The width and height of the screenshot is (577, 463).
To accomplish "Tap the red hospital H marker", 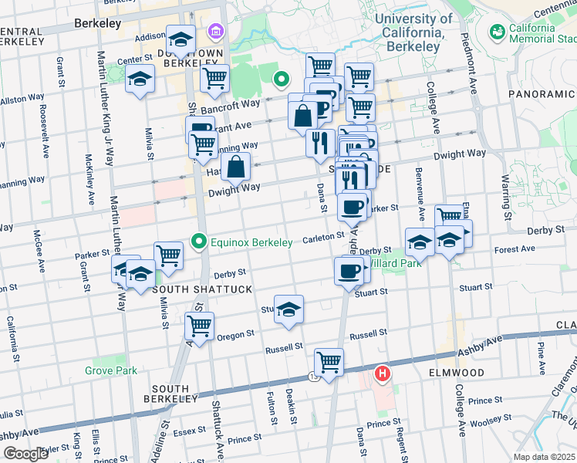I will pyautogui.click(x=382, y=374).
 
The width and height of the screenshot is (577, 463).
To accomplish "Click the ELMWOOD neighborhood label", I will pyautogui.click(x=454, y=373).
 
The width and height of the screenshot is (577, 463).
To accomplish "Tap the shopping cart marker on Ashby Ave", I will pyautogui.click(x=329, y=361).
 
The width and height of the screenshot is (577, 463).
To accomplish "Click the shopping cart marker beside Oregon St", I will pyautogui.click(x=199, y=326).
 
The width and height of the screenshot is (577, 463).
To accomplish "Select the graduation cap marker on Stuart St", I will pyautogui.click(x=288, y=309).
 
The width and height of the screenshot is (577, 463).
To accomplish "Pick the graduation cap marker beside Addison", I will pyautogui.click(x=180, y=40).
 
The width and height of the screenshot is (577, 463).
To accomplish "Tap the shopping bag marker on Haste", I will pyautogui.click(x=236, y=165).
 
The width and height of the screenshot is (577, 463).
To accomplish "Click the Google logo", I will pyautogui.click(x=25, y=454).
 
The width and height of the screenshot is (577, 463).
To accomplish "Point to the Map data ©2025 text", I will pyautogui.click(x=543, y=457).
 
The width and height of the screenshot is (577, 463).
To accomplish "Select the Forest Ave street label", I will pyautogui.click(x=515, y=249).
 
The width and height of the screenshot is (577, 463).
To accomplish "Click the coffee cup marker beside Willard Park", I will pyautogui.click(x=348, y=271).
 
